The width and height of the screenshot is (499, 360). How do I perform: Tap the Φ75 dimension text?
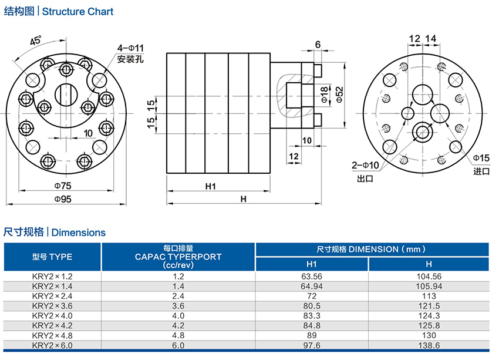pyautogui.click(x=63, y=186)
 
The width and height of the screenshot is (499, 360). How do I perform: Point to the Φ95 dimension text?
pyautogui.click(x=63, y=199)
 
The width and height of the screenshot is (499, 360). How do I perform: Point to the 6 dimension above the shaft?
pyautogui.click(x=318, y=45)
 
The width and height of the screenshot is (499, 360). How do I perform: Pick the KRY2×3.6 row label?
pyautogui.click(x=52, y=306)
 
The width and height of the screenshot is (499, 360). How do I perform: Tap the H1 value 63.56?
pyautogui.click(x=312, y=276)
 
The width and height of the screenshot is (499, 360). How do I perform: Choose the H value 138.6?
pyautogui.click(x=429, y=345)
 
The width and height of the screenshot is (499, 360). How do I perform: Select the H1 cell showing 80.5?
pyautogui.click(x=312, y=306)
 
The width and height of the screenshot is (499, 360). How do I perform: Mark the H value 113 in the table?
pyautogui.click(x=429, y=296)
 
